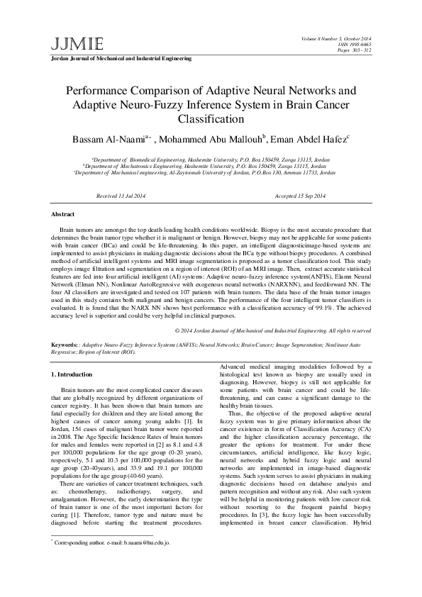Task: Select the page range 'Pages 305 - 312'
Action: pyautogui.click(x=353, y=48)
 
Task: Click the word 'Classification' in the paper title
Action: pyautogui.click(x=210, y=120)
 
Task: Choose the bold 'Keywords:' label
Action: pyautogui.click(x=65, y=344)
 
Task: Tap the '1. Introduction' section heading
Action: pyautogui.click(x=74, y=373)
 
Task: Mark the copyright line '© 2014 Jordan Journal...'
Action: pyautogui.click(x=272, y=330)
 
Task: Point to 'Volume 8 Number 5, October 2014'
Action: pyautogui.click(x=337, y=37)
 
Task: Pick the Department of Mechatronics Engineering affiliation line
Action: pyautogui.click(x=211, y=166)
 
